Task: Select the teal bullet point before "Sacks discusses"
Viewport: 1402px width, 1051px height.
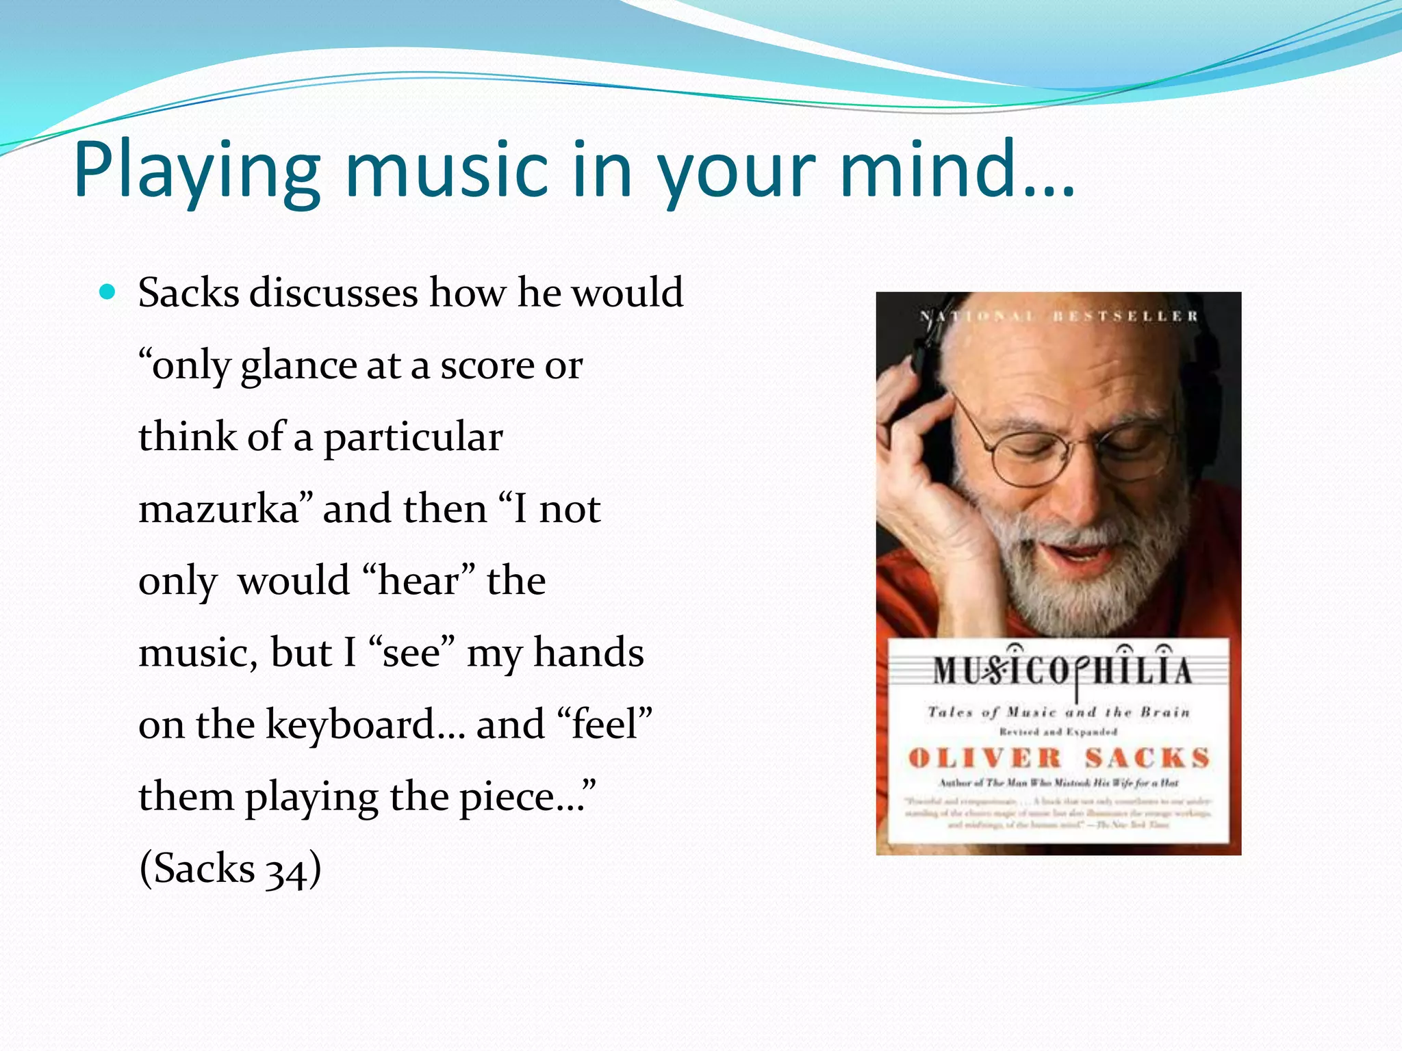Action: coord(107,293)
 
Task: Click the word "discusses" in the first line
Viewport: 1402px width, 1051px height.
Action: coord(333,293)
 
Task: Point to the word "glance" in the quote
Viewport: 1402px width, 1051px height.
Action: coord(298,366)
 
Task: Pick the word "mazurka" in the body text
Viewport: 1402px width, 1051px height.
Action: coord(218,509)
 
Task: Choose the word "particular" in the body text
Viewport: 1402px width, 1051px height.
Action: coord(413,438)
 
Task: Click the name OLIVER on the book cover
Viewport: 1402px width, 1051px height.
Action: coord(984,758)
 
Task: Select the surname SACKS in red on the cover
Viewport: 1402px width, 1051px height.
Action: coord(1147,758)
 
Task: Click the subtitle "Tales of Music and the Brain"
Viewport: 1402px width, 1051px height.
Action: coord(1058,712)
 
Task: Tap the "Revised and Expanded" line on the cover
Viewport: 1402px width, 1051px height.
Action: coord(1058,732)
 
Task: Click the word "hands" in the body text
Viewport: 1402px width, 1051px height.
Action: coord(588,653)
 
